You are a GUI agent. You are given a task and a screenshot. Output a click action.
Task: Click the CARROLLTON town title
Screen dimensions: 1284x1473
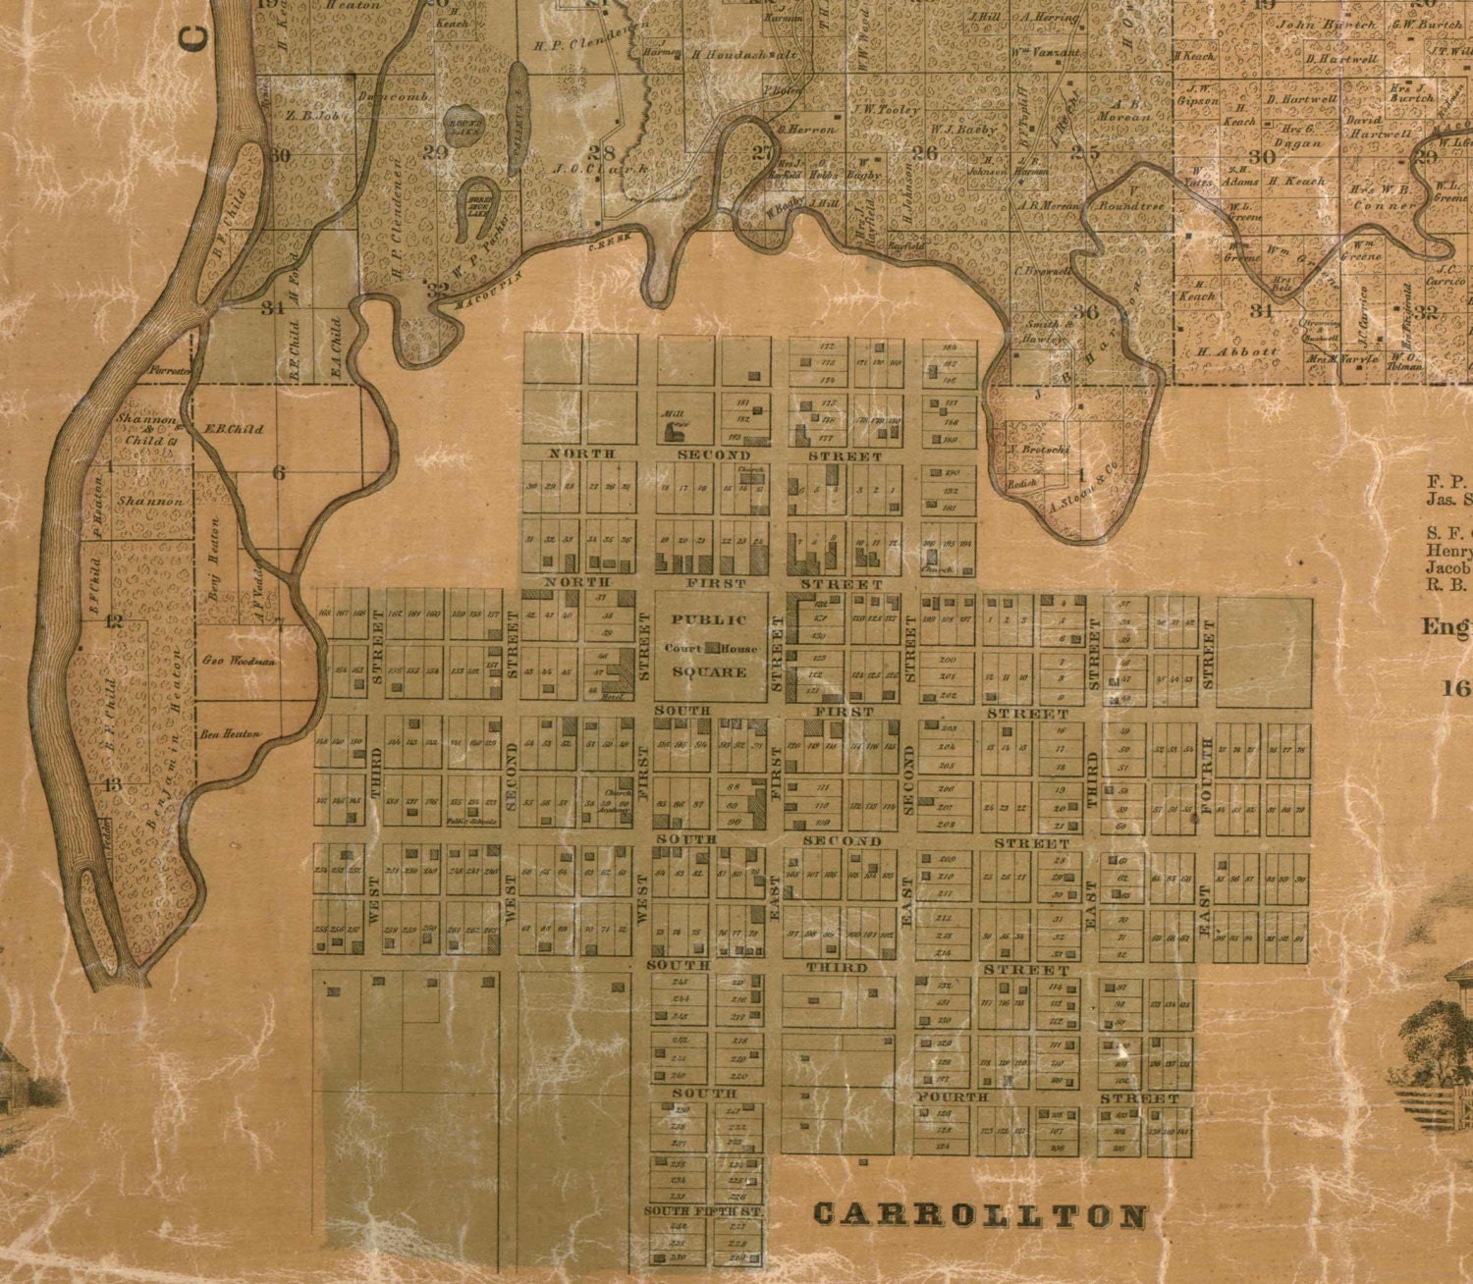980,1215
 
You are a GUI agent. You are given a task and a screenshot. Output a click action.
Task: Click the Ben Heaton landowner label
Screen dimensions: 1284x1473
230,733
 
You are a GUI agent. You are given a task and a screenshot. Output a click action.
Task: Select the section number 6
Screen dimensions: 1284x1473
279,474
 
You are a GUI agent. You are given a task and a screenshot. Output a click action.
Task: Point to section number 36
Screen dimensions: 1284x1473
1085,312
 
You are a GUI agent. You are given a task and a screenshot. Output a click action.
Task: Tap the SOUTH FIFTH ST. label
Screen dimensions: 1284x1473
704,1211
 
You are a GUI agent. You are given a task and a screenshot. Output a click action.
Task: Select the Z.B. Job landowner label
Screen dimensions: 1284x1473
311,115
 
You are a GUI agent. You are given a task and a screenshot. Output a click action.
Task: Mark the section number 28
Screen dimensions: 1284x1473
600,152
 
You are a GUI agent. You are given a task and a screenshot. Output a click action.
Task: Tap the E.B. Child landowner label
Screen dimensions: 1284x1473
226,429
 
